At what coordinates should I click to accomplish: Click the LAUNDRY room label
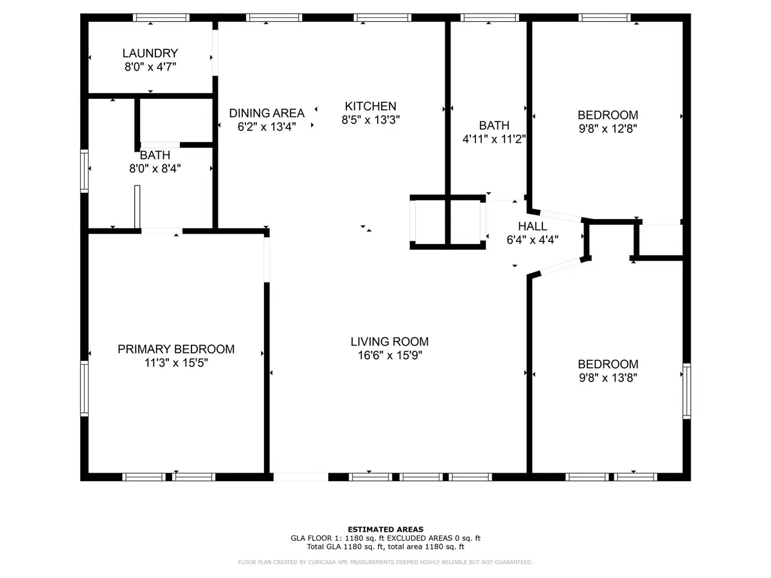pos(151,53)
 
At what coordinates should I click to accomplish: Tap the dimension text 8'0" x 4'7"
pos(151,66)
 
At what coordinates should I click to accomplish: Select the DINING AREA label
pos(267,114)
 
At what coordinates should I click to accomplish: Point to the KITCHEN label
pos(371,107)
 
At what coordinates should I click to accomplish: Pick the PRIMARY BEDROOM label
pos(176,349)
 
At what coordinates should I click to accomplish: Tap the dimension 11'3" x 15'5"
pos(176,363)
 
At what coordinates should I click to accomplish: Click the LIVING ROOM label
pos(389,342)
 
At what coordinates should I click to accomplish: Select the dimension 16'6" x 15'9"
pos(389,355)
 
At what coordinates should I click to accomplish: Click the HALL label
pos(533,227)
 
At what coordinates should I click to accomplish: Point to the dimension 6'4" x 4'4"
pos(533,240)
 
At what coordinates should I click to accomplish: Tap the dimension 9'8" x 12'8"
pos(608,128)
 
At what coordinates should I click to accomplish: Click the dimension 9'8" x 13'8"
pos(608,378)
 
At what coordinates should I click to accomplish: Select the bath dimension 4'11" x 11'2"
pos(494,139)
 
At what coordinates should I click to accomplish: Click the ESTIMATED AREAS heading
pos(385,530)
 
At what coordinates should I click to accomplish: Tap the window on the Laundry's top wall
pos(161,17)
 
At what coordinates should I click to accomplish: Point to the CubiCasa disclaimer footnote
pos(385,563)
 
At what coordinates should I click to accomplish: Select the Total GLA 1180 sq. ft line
pos(385,547)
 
